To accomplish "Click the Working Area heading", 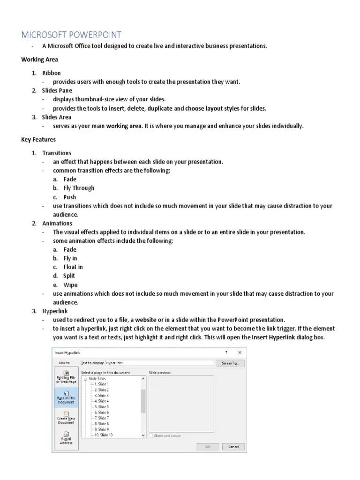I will pyautogui.click(x=40, y=60).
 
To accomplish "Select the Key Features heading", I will pyautogui.click(x=38, y=139).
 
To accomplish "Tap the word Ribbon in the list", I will pyautogui.click(x=52, y=73).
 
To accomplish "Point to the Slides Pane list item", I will pyautogui.click(x=57, y=90).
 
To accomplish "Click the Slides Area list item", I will pyautogui.click(x=57, y=117).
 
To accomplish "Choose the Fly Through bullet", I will pyautogui.click(x=79, y=188).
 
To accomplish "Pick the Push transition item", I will pyautogui.click(x=70, y=197).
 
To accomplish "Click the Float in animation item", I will pyautogui.click(x=73, y=267).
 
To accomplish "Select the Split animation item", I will pyautogui.click(x=69, y=276).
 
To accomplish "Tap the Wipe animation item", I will pyautogui.click(x=70, y=285).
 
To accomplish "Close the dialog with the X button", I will pyautogui.click(x=240, y=352).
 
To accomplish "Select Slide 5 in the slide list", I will pyautogui.click(x=101, y=407).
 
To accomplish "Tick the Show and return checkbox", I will pyautogui.click(x=151, y=435).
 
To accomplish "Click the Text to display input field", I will pyautogui.click(x=159, y=363).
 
